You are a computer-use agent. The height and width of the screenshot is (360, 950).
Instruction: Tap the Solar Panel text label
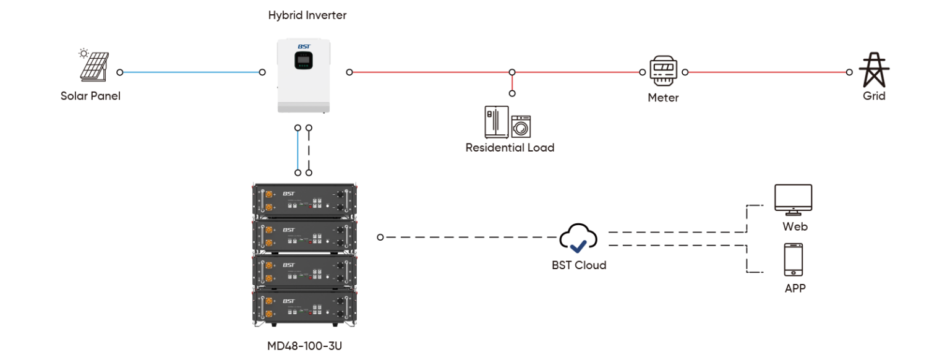(x=90, y=96)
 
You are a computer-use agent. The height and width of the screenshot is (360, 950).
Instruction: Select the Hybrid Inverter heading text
(x=307, y=15)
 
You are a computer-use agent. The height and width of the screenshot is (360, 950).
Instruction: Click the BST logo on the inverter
(x=303, y=46)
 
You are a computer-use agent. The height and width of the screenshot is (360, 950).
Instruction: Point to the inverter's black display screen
(x=304, y=59)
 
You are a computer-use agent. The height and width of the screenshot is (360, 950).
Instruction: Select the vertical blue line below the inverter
(x=297, y=150)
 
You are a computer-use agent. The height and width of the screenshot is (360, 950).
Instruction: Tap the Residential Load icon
(x=507, y=122)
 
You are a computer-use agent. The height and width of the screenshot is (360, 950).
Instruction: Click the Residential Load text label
(x=510, y=148)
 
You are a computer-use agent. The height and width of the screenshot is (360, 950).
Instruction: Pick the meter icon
(x=664, y=72)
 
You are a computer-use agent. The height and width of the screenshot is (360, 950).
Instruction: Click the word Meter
(x=663, y=98)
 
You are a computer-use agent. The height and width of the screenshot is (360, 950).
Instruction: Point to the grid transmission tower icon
(x=874, y=70)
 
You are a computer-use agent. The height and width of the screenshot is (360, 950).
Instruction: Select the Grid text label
(x=874, y=96)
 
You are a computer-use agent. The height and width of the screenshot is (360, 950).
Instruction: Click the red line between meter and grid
(x=767, y=72)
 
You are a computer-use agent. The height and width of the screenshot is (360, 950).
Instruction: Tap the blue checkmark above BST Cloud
(x=578, y=247)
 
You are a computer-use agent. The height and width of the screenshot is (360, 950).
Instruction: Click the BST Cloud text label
(x=579, y=265)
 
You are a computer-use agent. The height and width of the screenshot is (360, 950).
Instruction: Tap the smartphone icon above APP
(x=794, y=260)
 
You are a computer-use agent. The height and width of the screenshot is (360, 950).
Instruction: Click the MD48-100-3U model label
(x=304, y=345)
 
